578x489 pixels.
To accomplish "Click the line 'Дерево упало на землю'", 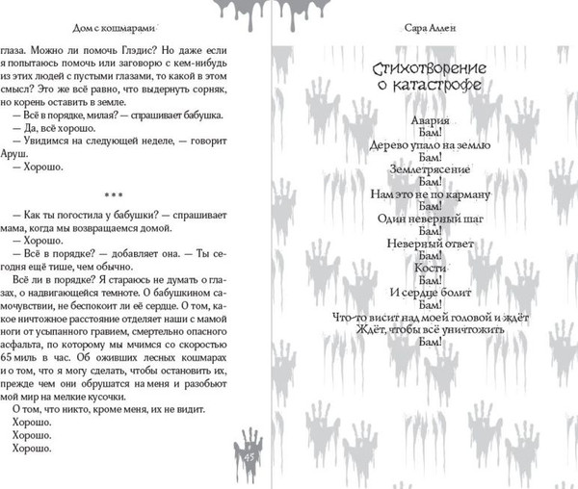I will point(430,144).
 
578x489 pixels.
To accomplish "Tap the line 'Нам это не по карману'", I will point(430,194).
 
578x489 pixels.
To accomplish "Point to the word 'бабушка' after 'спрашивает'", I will point(202,113).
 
